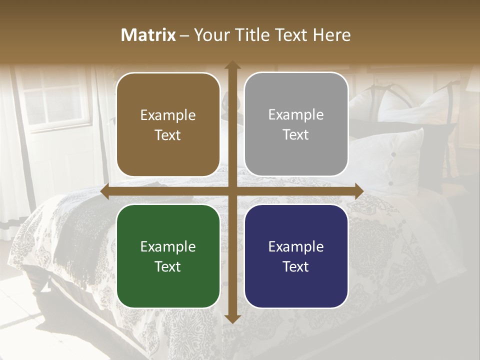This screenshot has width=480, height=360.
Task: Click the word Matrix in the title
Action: (148, 35)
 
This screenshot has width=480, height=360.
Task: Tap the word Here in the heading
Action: (332, 35)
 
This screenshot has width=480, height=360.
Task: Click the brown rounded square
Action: (168, 124)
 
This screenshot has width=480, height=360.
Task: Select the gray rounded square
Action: (296, 124)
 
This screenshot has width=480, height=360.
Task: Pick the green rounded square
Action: (168, 256)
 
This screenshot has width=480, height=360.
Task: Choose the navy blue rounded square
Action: (296, 256)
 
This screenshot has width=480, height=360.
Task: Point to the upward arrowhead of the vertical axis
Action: (232, 65)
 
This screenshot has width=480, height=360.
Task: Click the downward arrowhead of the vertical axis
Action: (232, 318)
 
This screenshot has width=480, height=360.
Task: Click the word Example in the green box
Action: (168, 246)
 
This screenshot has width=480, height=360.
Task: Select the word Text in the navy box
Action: (296, 266)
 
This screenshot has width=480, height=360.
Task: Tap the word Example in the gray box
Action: (296, 115)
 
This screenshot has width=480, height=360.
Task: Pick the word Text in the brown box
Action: (168, 135)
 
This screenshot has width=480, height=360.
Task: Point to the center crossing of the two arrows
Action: (232, 191)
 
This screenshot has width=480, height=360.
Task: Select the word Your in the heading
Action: (210, 35)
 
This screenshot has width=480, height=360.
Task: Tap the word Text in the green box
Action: (168, 266)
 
